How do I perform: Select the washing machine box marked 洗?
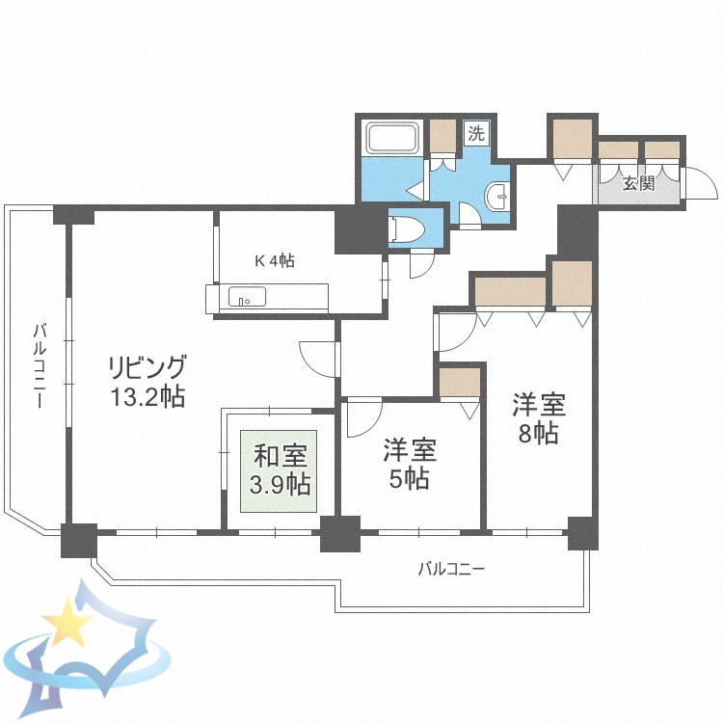pyautogui.click(x=475, y=134)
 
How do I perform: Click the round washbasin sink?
pyautogui.click(x=500, y=197)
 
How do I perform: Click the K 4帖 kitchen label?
pyautogui.click(x=274, y=260)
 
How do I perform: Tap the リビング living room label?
pyautogui.click(x=146, y=367)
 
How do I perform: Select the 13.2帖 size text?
pyautogui.click(x=146, y=396)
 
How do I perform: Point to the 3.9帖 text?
pyautogui.click(x=279, y=482)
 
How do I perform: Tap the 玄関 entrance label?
pyautogui.click(x=637, y=182)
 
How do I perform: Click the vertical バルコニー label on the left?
pyautogui.click(x=39, y=366)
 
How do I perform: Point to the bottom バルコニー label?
pyautogui.click(x=450, y=569)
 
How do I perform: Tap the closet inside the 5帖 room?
pyautogui.click(x=459, y=382)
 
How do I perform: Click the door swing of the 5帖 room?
pyautogui.click(x=363, y=417)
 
